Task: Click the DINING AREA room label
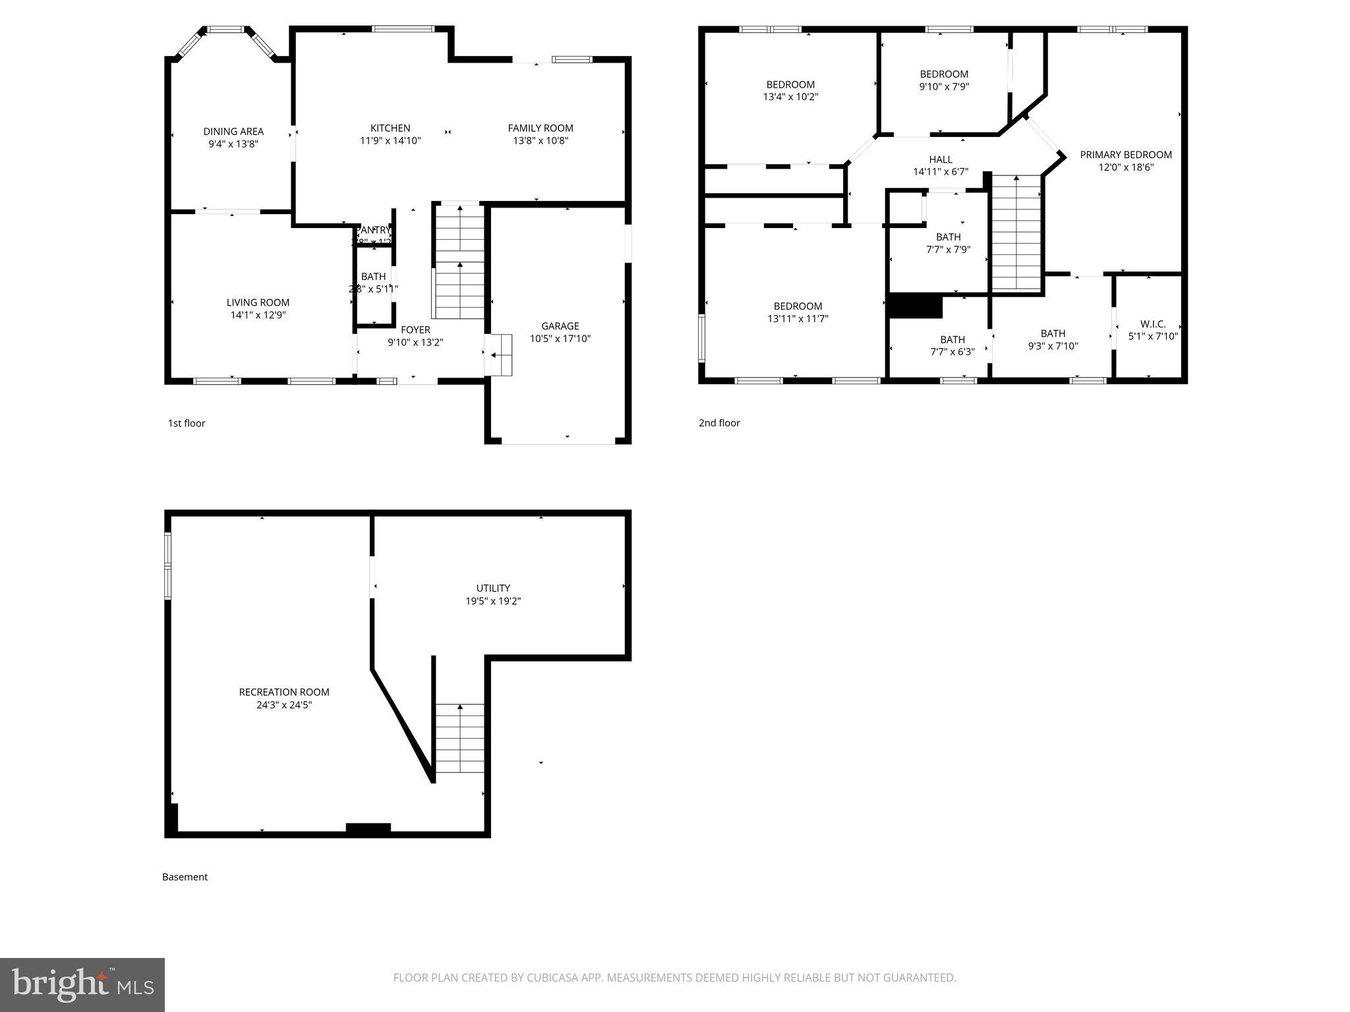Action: [x=233, y=132]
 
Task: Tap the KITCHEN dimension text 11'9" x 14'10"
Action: [x=390, y=140]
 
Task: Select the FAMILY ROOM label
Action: [x=541, y=128]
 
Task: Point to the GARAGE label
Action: [x=560, y=326]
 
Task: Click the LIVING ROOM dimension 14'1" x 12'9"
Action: [x=258, y=315]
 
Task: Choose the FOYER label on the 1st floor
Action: [x=415, y=330]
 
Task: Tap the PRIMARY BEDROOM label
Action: [x=1126, y=155]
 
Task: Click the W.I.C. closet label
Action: [x=1153, y=324]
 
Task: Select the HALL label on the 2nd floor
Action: [x=941, y=159]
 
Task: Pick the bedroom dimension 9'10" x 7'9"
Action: [x=944, y=86]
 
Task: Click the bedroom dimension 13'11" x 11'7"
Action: [x=798, y=319]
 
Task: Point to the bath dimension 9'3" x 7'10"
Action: [x=1053, y=346]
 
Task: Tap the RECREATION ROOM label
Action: [x=284, y=692]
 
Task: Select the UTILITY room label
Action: [x=493, y=588]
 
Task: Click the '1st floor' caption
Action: [x=187, y=423]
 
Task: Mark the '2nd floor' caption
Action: [x=719, y=423]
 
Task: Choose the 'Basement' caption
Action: [x=185, y=877]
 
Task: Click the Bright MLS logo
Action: [x=82, y=984]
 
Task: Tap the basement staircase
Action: [x=459, y=738]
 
